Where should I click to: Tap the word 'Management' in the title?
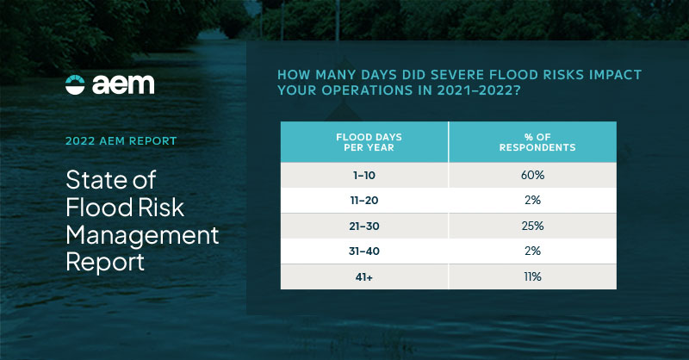(x=142, y=234)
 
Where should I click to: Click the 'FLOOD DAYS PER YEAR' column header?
(x=364, y=141)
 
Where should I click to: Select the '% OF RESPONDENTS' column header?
(x=532, y=141)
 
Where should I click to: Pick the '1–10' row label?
(x=364, y=175)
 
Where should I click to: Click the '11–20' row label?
(x=364, y=200)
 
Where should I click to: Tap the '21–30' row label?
(x=364, y=226)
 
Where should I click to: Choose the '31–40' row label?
(x=364, y=251)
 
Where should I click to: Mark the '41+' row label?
(x=364, y=276)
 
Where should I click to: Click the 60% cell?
(x=532, y=175)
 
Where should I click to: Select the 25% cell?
(x=532, y=226)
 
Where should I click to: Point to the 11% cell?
(x=532, y=276)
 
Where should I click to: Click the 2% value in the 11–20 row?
(x=532, y=200)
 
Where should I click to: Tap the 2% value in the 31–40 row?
(x=532, y=251)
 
